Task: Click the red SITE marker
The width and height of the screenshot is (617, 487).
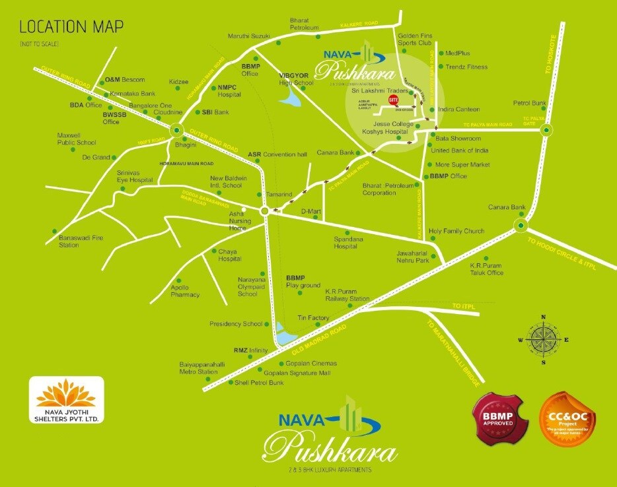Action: (x=394, y=100)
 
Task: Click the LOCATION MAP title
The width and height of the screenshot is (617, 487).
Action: (x=71, y=28)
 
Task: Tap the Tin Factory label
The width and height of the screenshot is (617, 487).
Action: (x=313, y=318)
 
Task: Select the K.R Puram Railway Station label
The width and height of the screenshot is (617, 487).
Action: (x=347, y=294)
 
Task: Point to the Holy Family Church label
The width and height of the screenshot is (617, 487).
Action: (x=456, y=232)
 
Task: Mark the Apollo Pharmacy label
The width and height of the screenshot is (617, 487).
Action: (x=185, y=291)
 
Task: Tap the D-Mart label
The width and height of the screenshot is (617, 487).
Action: (x=310, y=211)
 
